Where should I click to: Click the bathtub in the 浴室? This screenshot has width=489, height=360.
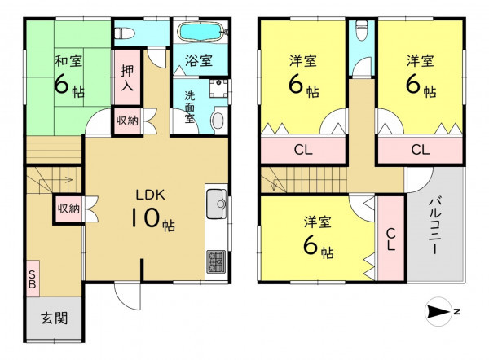[x=200, y=31]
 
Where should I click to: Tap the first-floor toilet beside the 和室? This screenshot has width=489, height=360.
[x=125, y=33]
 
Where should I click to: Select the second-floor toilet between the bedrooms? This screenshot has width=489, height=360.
[x=361, y=31]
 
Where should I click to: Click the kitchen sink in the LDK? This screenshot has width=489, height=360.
[x=217, y=204]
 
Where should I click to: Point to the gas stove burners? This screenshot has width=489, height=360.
[x=216, y=261]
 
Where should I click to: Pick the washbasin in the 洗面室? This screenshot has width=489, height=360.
[x=218, y=121]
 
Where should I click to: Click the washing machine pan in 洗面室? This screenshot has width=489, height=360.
[x=218, y=88]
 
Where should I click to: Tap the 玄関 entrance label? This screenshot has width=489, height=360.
[x=55, y=318]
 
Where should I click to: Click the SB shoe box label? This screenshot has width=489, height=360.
[x=33, y=279]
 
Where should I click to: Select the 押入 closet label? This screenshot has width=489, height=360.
[x=127, y=77]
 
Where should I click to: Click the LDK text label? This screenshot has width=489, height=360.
[x=150, y=195]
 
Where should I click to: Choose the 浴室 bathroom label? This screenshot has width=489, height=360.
[x=199, y=60]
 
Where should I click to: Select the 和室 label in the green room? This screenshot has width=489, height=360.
[x=68, y=60]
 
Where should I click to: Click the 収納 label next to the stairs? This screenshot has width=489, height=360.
[x=69, y=209]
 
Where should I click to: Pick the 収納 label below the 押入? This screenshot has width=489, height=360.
[x=127, y=121]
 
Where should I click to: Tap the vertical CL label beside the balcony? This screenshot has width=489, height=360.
[x=391, y=239]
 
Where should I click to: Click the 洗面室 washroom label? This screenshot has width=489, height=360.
[x=189, y=107]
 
